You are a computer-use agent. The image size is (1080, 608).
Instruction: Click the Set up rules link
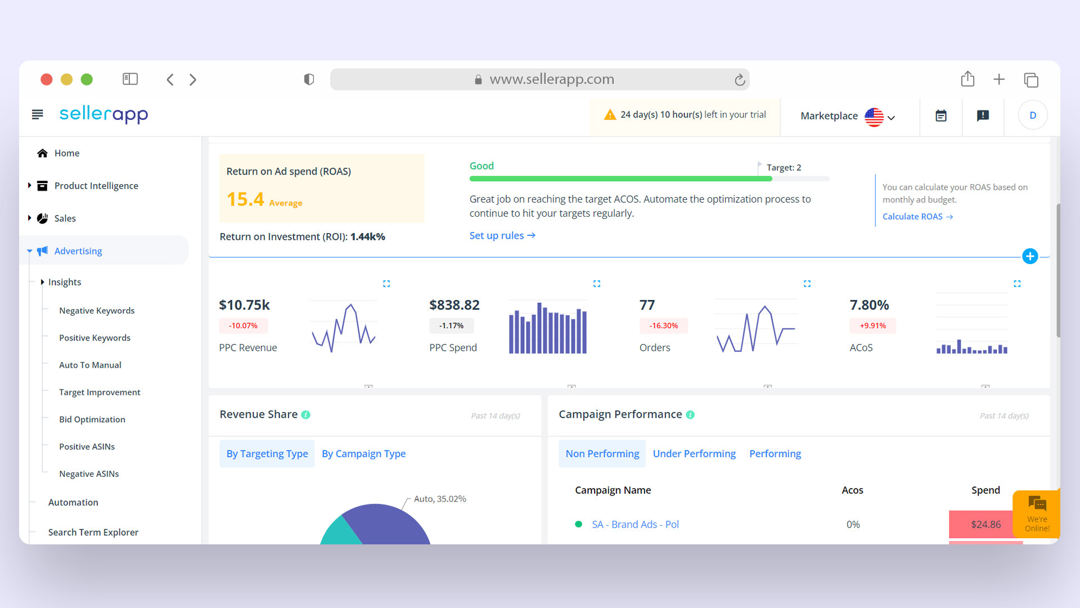[502, 236]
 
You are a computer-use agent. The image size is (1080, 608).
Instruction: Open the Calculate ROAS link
[917, 217]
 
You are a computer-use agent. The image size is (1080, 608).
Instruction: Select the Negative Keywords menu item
[97, 311]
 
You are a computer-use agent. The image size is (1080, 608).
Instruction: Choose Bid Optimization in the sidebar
[92, 419]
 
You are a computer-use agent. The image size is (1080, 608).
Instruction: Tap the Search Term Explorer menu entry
[93, 533]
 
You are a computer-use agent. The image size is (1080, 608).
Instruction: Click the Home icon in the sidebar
[42, 153]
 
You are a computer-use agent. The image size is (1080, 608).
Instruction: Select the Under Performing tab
[694, 454]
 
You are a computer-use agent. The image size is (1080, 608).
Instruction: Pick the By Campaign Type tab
[363, 454]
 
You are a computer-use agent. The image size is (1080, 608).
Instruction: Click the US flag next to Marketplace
[874, 117]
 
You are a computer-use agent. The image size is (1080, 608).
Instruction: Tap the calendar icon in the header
[941, 116]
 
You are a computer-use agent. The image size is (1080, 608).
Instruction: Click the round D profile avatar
[1033, 115]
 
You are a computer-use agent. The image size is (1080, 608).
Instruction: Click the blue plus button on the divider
[1030, 256]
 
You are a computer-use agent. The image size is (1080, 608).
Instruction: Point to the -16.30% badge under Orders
[664, 326]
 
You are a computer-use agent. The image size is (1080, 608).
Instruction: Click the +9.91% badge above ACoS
[872, 326]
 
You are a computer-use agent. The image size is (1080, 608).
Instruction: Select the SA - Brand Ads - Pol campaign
[635, 525]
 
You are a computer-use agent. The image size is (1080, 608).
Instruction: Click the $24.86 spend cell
[985, 525]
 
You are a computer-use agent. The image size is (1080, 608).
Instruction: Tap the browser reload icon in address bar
[740, 80]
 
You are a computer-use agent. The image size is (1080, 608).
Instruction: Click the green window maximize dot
[87, 79]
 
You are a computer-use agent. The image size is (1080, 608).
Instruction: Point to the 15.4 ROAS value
[245, 199]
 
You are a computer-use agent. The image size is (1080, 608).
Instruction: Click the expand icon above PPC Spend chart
[597, 284]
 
